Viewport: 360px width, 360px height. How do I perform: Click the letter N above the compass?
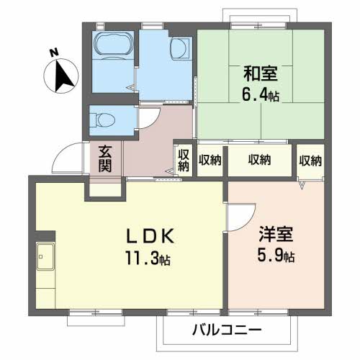click(x=53, y=53)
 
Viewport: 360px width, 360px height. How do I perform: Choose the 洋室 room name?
click(x=274, y=235)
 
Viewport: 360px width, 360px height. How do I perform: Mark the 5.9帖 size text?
click(x=276, y=256)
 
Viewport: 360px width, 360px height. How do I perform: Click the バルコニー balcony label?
click(x=227, y=330)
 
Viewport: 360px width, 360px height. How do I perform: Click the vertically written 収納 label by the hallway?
click(x=183, y=159)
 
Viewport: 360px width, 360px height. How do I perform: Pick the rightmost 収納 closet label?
click(x=310, y=159)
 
